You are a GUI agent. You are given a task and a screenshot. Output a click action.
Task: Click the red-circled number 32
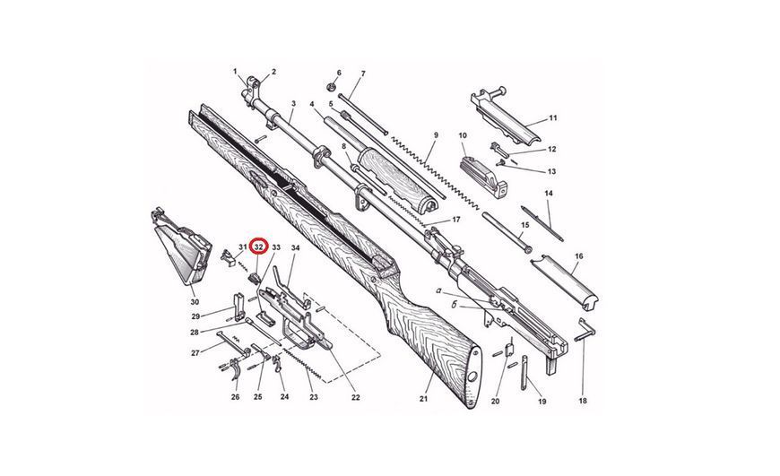259,247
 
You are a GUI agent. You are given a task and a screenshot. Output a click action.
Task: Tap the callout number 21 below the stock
423,398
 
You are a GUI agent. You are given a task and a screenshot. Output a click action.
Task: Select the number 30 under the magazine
195,302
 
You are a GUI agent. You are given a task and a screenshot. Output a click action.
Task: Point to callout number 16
578,256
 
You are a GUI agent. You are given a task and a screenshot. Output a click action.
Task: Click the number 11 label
553,118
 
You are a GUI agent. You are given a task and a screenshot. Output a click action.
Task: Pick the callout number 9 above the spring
436,134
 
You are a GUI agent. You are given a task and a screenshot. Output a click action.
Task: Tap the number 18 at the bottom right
583,400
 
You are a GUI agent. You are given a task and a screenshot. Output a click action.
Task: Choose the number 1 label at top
235,71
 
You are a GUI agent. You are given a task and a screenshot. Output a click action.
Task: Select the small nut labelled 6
330,88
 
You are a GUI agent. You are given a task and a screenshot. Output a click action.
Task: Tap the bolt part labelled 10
483,177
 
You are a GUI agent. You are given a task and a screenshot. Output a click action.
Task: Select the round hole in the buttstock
472,375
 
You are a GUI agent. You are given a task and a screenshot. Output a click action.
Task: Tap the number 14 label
549,193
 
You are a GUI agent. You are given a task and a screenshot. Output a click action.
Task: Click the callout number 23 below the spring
314,397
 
